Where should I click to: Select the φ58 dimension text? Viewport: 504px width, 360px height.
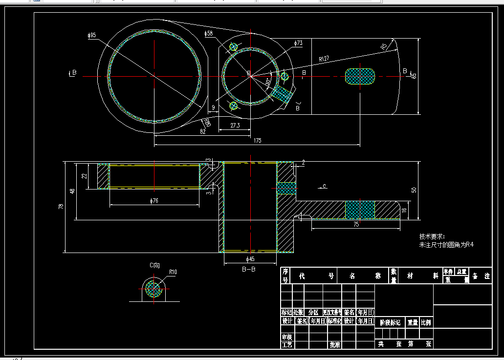[x=209, y=34]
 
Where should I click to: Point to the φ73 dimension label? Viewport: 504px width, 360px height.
[x=298, y=43]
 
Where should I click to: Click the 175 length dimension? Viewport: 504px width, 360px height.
[x=258, y=141]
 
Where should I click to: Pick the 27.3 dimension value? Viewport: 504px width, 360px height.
[x=235, y=126]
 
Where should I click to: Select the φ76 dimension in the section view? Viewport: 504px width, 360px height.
[x=154, y=201]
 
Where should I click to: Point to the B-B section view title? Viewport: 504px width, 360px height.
[x=249, y=269]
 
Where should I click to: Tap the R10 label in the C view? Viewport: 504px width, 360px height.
[x=173, y=272]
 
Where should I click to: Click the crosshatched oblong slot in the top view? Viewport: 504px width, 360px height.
[x=360, y=76]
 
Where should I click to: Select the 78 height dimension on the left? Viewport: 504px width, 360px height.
[x=61, y=207]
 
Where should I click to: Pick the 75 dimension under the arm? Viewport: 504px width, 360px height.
[x=356, y=224]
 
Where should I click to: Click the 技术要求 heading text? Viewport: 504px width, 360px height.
[x=432, y=236]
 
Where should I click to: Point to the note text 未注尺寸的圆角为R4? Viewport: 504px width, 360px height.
[x=446, y=245]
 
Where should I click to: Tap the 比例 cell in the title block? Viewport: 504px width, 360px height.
[x=426, y=322]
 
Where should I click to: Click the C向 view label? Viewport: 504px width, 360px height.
[x=154, y=265]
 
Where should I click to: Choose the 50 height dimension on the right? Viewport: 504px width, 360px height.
[x=414, y=190]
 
